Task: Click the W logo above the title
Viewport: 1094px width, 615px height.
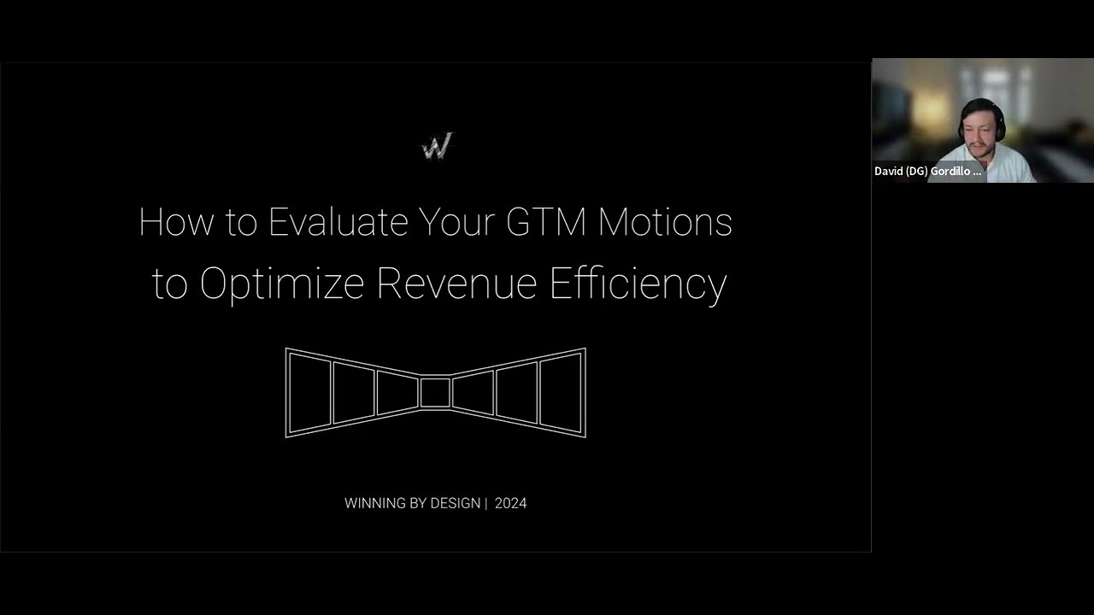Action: click(x=436, y=147)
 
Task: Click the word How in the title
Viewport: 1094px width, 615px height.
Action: click(x=176, y=222)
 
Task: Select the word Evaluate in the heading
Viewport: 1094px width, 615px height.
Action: click(x=338, y=222)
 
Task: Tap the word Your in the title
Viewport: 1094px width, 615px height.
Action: click(x=457, y=222)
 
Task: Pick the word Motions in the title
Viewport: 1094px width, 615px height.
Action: click(x=665, y=222)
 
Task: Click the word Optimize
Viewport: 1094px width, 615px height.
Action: click(x=282, y=283)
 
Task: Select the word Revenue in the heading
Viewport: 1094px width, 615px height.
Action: click(x=456, y=283)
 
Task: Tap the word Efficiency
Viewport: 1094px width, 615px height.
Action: click(x=638, y=283)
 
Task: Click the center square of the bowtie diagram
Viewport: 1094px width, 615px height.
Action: click(x=435, y=393)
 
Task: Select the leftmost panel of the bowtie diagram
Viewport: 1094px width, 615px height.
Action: click(x=309, y=393)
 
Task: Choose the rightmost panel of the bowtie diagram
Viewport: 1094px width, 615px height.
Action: click(x=561, y=393)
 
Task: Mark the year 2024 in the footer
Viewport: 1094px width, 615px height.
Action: click(x=510, y=503)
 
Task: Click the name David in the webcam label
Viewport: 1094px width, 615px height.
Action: click(x=889, y=171)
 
